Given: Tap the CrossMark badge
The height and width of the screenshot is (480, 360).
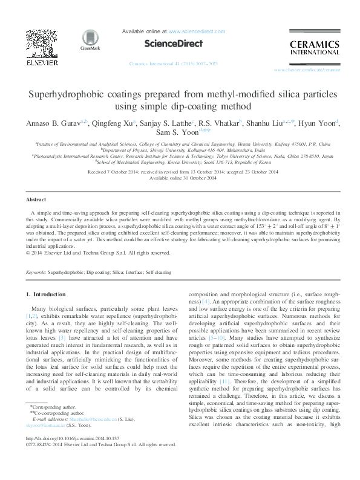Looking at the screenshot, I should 90,40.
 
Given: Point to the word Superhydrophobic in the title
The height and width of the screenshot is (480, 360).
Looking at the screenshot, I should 74,95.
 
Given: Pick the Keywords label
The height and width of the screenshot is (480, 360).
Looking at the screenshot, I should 36,273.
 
